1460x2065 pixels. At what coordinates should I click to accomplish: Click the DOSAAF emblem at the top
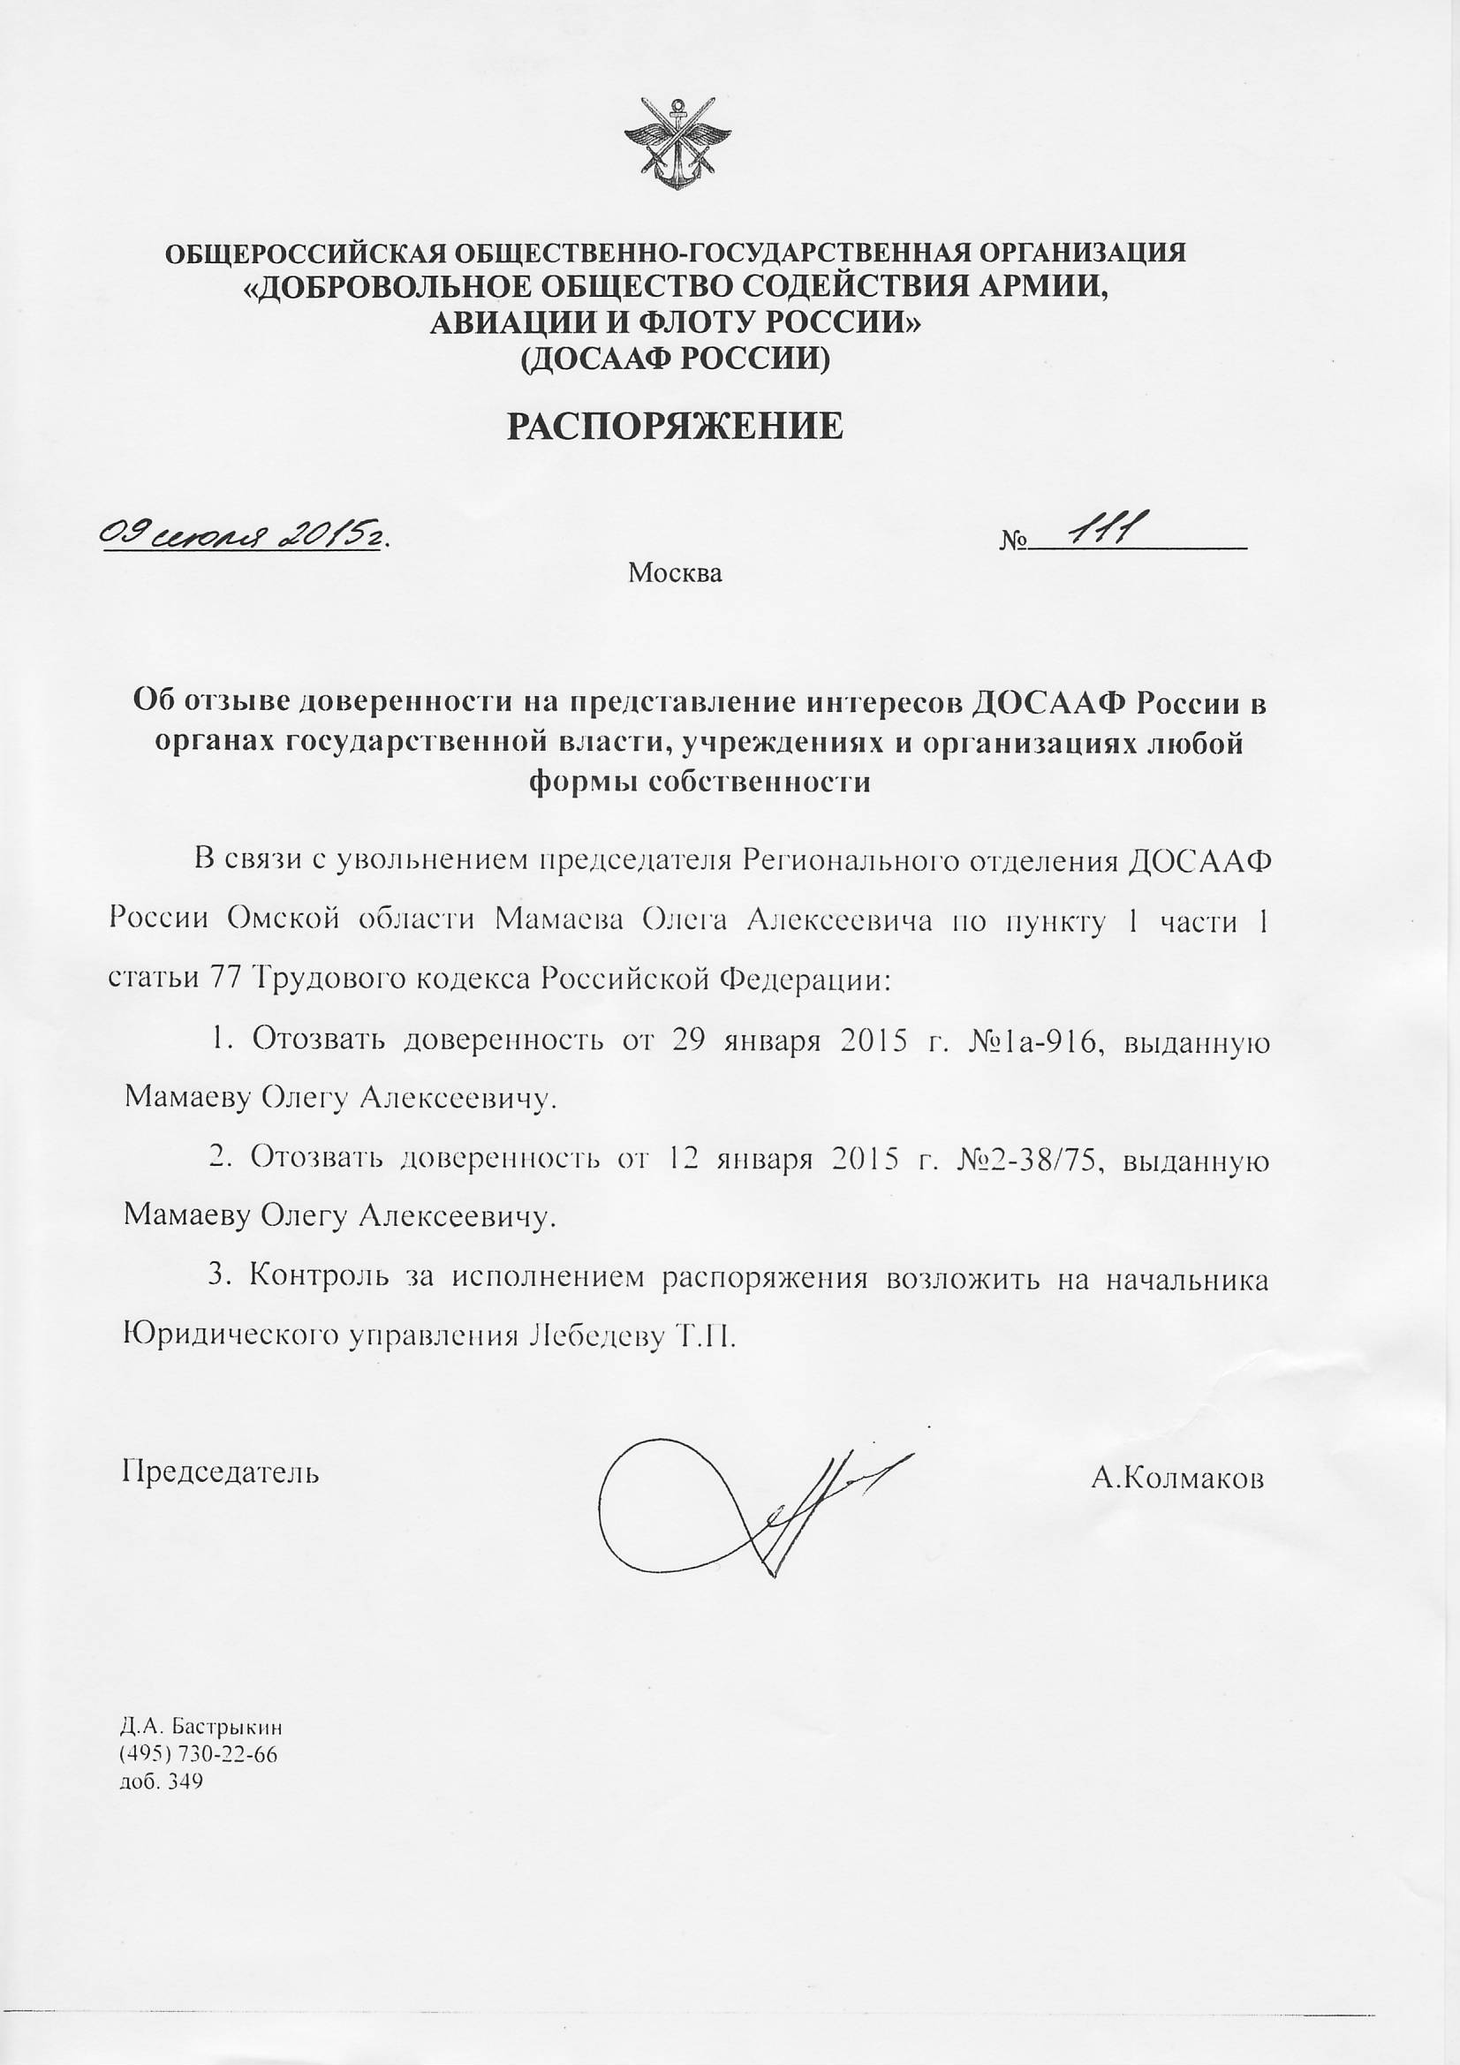(676, 145)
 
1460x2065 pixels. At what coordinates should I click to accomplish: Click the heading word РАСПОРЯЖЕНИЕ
(675, 426)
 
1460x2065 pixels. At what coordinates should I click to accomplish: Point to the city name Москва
(675, 572)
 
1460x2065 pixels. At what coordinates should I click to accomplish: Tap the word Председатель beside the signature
(221, 1472)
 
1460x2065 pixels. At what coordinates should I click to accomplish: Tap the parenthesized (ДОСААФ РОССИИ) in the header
(675, 359)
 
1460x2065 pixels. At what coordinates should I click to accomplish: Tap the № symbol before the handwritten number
(1013, 541)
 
